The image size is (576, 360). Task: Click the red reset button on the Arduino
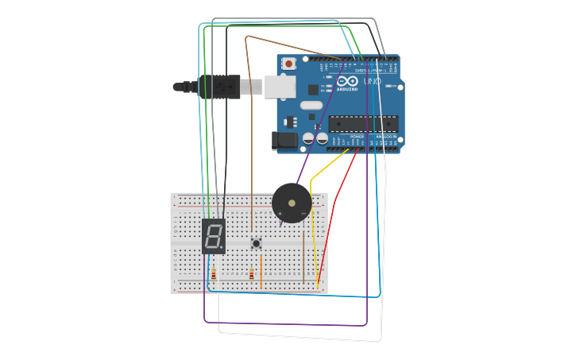(289, 64)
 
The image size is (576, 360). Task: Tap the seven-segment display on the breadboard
(213, 236)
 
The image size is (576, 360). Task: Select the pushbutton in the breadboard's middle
(256, 243)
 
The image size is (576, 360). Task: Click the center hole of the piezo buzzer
(292, 203)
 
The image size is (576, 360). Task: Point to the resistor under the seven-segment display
(213, 275)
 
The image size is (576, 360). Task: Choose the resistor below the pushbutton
(252, 275)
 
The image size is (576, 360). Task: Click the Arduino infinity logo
(347, 81)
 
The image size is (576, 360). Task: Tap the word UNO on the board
(372, 82)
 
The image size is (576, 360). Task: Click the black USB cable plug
(218, 87)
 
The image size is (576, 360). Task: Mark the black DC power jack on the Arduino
(284, 141)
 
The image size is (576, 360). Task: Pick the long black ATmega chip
(363, 124)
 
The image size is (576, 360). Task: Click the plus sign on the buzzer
(280, 214)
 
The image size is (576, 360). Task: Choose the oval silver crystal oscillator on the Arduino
(311, 105)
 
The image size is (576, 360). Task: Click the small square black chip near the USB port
(314, 90)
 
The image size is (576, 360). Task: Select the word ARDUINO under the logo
(347, 89)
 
